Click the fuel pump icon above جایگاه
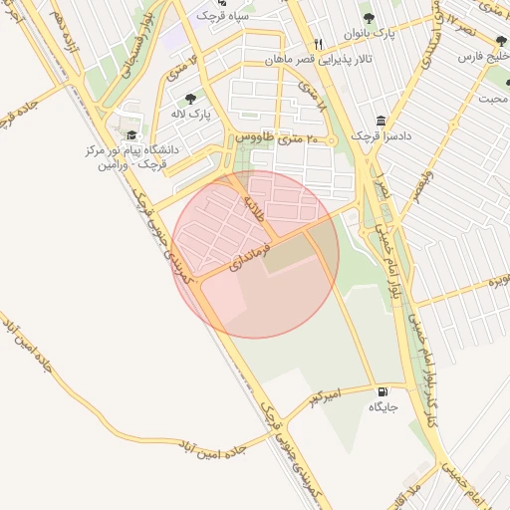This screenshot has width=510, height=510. coord(383,391)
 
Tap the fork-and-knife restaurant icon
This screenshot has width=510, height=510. coord(319,44)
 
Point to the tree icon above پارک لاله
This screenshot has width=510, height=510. coord(190,99)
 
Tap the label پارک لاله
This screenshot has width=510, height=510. coord(190,115)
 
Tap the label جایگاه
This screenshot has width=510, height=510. coord(383,407)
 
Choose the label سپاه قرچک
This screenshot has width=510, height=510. coord(221,15)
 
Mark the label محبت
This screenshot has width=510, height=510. coord(492,98)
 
